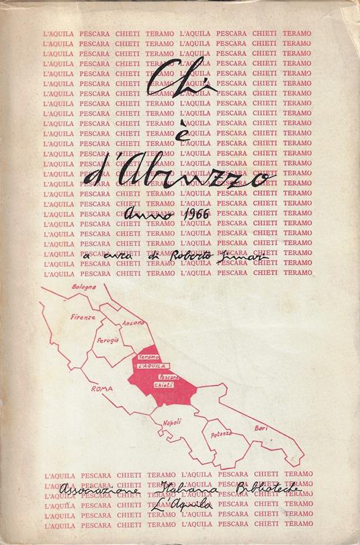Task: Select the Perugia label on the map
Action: coord(106,342)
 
